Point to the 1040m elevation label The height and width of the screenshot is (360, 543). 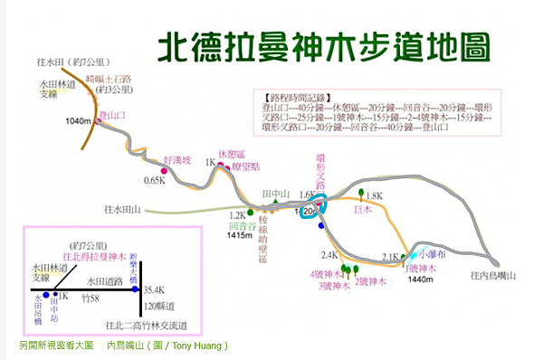pyautogui.click(x=80, y=120)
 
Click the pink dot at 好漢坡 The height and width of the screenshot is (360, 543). pyautogui.click(x=164, y=169)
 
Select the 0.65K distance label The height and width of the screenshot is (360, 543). pyautogui.click(x=155, y=181)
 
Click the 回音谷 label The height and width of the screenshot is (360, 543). pyautogui.click(x=240, y=225)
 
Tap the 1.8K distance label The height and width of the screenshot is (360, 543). pyautogui.click(x=375, y=195)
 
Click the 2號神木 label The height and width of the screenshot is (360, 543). pyautogui.click(x=371, y=281)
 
